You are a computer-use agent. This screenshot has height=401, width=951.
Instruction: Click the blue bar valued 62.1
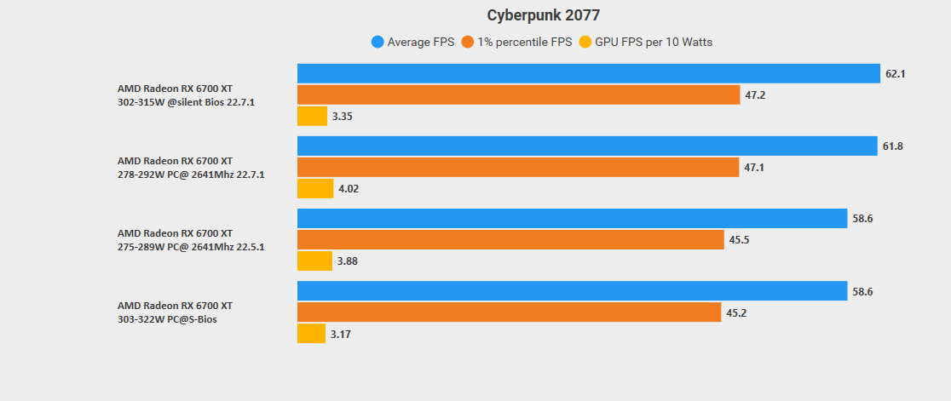click(588, 74)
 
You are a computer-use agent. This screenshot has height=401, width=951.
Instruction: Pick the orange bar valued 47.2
click(518, 95)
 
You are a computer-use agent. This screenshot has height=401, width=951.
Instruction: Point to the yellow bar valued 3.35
click(312, 116)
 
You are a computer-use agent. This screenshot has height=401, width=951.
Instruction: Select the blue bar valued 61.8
click(587, 146)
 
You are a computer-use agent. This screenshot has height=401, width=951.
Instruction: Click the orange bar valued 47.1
click(518, 168)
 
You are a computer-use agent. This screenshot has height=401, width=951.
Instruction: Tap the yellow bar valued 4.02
click(315, 188)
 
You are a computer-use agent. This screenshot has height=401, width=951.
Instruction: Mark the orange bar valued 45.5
click(510, 240)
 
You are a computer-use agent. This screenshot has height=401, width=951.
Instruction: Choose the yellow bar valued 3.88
click(314, 261)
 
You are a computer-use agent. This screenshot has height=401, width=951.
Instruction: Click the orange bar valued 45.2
click(510, 312)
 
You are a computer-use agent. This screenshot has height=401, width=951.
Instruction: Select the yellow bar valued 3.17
click(311, 334)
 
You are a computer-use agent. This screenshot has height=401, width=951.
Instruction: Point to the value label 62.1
click(895, 74)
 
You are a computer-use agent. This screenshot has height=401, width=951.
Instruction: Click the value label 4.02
click(349, 189)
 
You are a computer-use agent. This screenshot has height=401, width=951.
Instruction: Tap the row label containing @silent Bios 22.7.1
click(186, 102)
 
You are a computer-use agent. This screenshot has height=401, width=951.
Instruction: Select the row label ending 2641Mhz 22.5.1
click(191, 247)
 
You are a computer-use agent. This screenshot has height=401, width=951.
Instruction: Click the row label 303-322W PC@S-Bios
click(166, 319)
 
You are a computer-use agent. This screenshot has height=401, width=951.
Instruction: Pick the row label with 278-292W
click(191, 175)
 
